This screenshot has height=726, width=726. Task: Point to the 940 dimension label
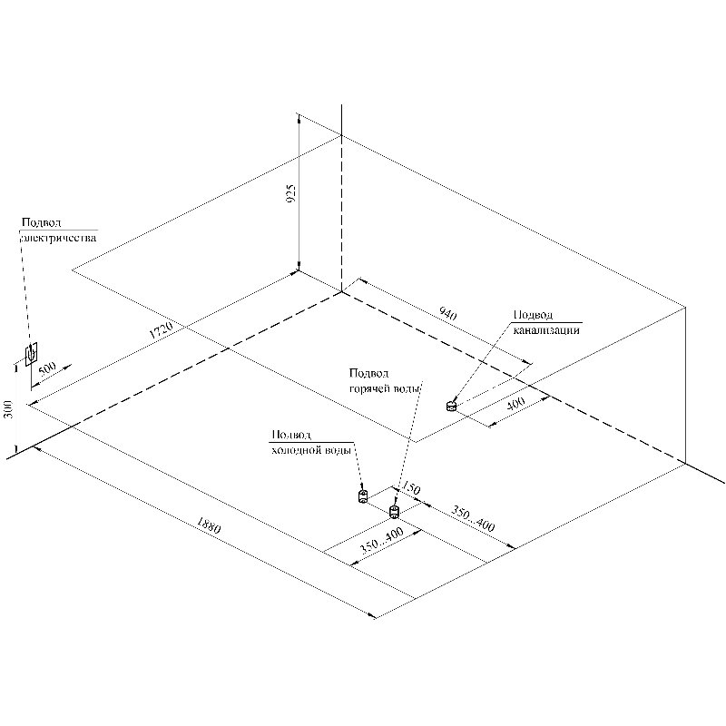[x=447, y=314]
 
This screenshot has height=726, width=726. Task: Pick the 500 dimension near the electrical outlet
[x=48, y=369]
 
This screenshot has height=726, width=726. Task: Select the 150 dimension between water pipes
[x=411, y=490]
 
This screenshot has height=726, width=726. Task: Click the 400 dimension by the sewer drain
[x=515, y=405]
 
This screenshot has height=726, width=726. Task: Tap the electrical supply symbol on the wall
[x=32, y=352]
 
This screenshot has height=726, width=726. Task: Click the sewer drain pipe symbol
[x=453, y=406]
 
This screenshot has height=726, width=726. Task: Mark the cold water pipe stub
[x=362, y=496]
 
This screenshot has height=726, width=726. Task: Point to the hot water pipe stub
[x=394, y=512]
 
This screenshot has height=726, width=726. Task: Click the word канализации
[x=546, y=330]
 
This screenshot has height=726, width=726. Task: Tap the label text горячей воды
[x=386, y=388]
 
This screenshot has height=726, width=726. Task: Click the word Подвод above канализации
[x=533, y=315]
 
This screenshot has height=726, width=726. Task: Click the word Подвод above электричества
[x=42, y=221]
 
